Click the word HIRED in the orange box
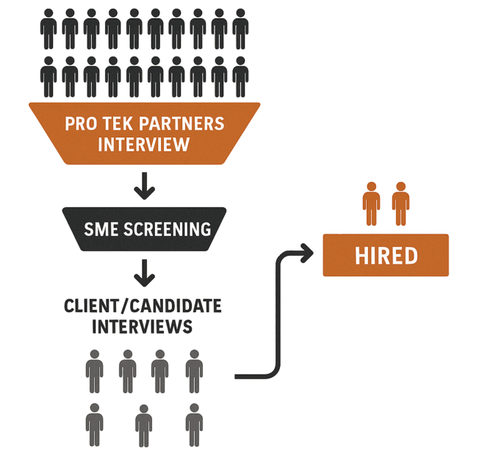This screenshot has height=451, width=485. click(x=386, y=256)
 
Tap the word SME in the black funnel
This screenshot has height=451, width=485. click(x=100, y=228)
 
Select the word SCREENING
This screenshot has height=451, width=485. click(x=167, y=228)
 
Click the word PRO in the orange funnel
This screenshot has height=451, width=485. click(x=80, y=123)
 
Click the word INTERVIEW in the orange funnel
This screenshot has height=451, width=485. click(x=143, y=144)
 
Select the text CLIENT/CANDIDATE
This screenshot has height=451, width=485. click(x=143, y=305)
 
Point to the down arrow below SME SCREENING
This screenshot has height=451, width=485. click(x=145, y=273)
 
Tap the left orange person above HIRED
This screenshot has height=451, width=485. click(x=371, y=203)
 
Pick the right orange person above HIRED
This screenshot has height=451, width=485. click(x=400, y=203)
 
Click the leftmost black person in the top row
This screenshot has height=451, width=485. click(x=48, y=29)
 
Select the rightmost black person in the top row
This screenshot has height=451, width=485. click(x=240, y=29)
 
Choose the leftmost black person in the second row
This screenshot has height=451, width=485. click(x=48, y=76)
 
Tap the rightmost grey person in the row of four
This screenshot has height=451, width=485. click(x=194, y=371)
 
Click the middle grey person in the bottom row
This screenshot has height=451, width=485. click(x=143, y=425)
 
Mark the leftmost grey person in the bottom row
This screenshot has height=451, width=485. click(x=94, y=425)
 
